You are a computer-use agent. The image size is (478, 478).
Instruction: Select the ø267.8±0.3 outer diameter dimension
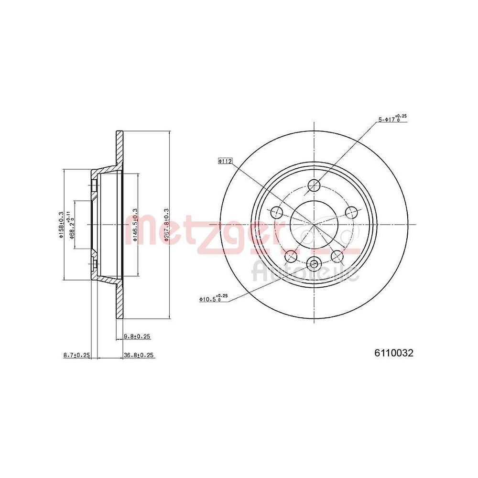[166, 225]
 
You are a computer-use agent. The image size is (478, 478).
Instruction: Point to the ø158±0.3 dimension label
[60, 225]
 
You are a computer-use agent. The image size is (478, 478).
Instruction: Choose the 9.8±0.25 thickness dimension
[136, 337]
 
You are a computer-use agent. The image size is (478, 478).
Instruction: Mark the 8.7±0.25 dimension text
[76, 355]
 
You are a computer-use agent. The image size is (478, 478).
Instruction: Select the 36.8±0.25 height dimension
[139, 355]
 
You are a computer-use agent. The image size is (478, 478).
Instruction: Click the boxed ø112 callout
[225, 162]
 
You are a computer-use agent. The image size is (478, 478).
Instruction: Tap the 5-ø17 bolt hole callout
[392, 119]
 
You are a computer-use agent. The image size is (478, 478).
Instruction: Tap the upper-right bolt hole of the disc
[351, 212]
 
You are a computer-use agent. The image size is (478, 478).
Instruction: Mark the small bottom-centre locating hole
[314, 262]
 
